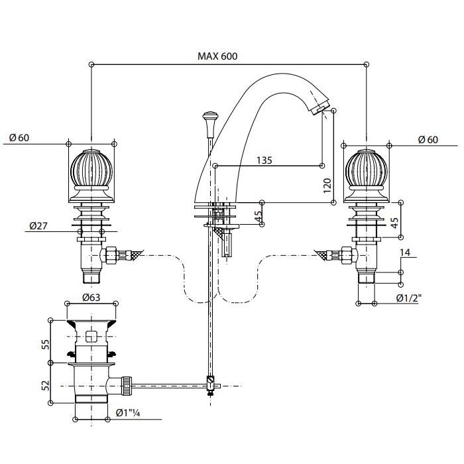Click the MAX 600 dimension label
[217, 56]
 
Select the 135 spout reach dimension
[264, 160]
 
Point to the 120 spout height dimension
[326, 184]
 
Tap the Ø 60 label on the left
[19, 138]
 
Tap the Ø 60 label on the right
[428, 139]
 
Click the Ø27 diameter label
[38, 226]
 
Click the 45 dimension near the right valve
[394, 223]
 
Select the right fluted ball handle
[367, 170]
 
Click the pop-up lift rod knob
[210, 120]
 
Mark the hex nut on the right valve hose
[345, 255]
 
